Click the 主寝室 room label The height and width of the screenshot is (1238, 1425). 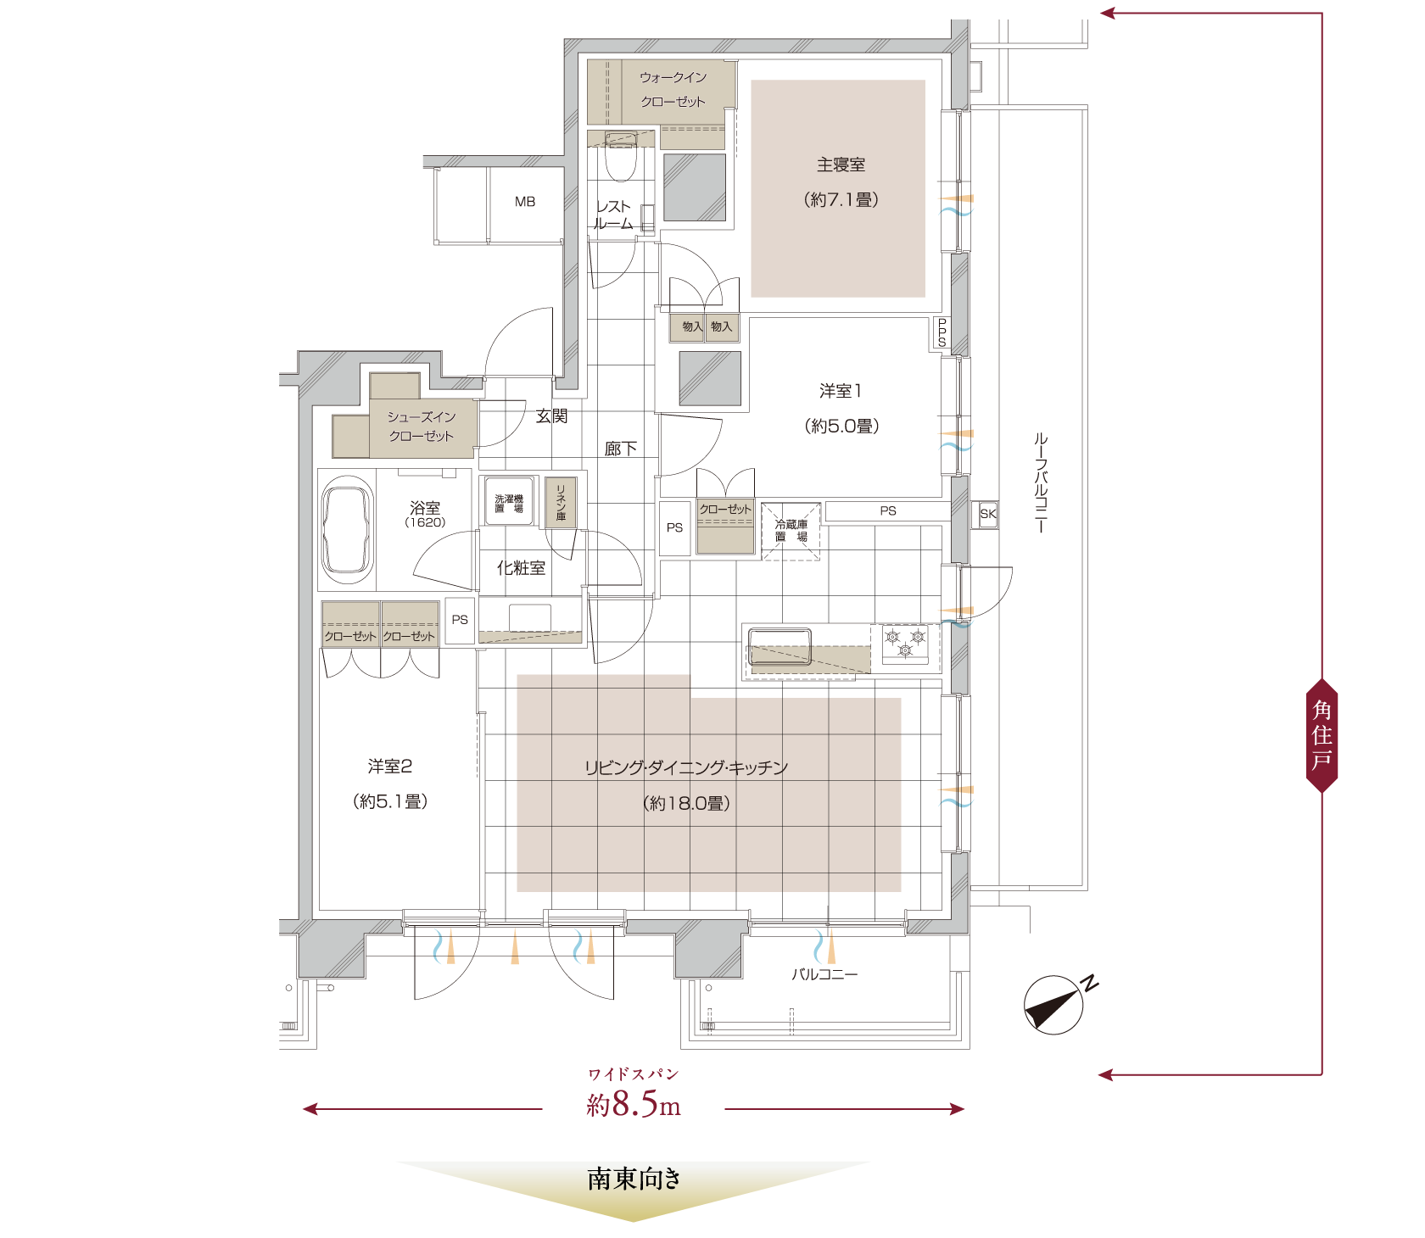(x=841, y=165)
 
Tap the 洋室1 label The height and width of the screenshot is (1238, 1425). (x=841, y=391)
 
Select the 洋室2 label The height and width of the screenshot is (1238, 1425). (x=390, y=767)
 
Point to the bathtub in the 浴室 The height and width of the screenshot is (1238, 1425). (x=347, y=530)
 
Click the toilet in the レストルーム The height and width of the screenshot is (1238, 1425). (x=621, y=157)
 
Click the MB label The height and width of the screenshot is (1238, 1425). (x=525, y=202)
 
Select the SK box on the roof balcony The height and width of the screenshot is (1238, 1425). (x=987, y=514)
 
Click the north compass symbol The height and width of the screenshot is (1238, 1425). (x=1055, y=1004)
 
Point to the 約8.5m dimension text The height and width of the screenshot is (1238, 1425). (x=634, y=1104)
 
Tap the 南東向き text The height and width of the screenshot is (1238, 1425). (x=634, y=1179)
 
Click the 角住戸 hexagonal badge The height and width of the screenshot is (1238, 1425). (x=1322, y=735)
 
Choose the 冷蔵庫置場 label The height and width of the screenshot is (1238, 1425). (x=791, y=531)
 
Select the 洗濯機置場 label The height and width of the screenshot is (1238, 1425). (x=509, y=504)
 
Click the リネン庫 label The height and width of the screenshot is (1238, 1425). (x=561, y=502)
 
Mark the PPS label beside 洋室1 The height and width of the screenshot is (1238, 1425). (x=942, y=332)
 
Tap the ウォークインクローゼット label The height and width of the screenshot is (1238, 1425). (x=673, y=89)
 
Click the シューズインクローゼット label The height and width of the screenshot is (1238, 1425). (x=422, y=427)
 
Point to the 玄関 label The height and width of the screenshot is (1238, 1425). (x=552, y=415)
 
